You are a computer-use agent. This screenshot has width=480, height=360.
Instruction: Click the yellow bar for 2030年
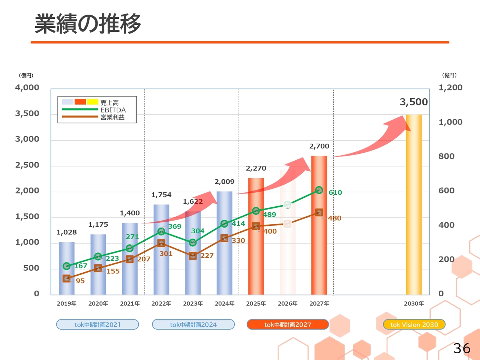click(414, 204)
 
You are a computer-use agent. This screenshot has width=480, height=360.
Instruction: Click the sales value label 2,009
click(224, 182)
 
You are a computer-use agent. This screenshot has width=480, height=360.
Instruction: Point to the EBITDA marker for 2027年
click(319, 190)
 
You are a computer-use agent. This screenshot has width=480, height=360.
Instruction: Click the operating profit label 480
click(334, 218)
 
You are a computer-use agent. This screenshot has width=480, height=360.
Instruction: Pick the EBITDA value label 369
click(175, 226)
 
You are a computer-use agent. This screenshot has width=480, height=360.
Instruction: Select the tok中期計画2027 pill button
click(288, 325)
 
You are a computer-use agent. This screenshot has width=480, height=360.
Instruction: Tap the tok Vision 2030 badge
click(414, 325)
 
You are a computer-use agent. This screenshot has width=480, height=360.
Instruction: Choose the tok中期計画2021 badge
click(97, 325)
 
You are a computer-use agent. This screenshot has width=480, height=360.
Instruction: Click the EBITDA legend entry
click(113, 110)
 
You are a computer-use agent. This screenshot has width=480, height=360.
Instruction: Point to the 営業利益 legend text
click(112, 117)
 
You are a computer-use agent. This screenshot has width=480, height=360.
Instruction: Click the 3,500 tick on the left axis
click(27, 114)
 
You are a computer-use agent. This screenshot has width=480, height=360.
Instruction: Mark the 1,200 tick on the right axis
click(450, 88)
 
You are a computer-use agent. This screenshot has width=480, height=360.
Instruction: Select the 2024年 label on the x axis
click(224, 303)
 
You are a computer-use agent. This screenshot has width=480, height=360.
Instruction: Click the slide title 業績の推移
click(88, 24)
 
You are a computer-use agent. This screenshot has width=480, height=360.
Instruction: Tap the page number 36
click(462, 348)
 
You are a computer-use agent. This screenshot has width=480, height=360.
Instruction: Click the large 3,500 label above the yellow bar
click(414, 102)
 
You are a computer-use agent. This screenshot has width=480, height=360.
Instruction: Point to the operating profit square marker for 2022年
click(161, 243)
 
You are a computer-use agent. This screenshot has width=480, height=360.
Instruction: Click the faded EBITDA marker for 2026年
click(288, 204)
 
